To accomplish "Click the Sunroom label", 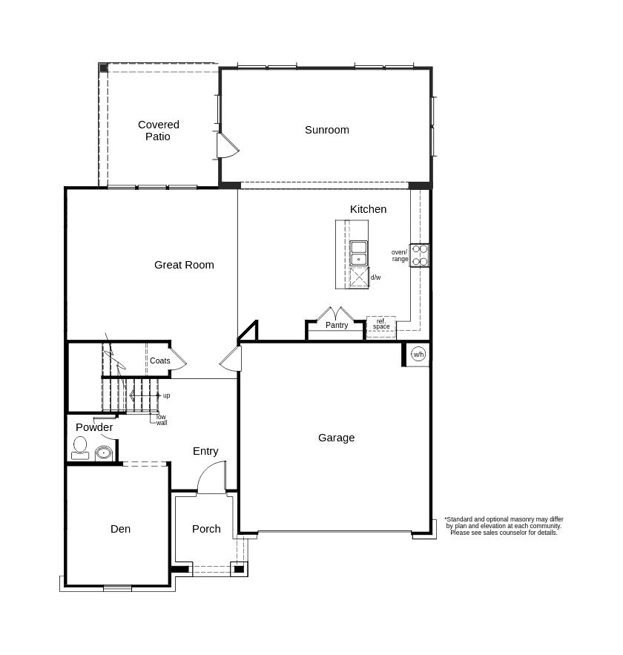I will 326,130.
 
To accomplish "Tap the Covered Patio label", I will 158,131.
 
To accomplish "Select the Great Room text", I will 184,265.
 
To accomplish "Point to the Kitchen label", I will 368,209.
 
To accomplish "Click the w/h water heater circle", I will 418,355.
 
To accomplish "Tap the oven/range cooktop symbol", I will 420,255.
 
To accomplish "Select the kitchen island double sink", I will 359,253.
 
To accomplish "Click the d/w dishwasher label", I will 375,277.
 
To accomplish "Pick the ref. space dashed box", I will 381,326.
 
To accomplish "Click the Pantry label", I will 337,326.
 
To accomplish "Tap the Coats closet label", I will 159,361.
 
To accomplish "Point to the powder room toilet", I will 80,447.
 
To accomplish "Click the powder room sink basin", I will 103,452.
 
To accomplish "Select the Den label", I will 120,529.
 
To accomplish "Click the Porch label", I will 206,529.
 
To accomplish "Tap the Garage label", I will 336,438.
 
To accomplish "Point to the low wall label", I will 161,420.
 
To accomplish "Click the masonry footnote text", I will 504,526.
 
